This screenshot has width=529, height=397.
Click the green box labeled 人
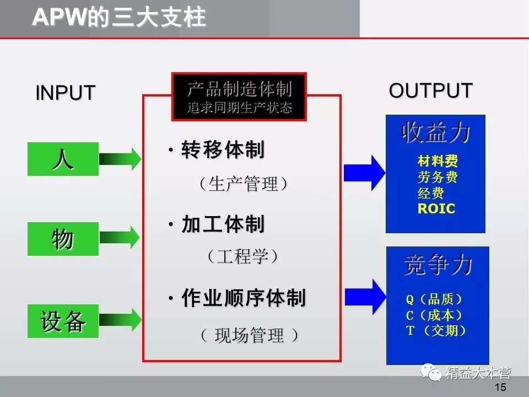[63, 159]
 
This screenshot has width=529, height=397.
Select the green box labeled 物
[63, 239]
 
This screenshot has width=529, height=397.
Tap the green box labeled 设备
[63, 321]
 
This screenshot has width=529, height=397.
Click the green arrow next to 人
[120, 159]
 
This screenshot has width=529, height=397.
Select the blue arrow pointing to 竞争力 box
[364, 297]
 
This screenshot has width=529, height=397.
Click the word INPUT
[66, 93]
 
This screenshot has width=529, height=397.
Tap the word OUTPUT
[430, 90]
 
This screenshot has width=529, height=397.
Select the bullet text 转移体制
[223, 150]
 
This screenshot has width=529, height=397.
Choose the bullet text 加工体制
[223, 224]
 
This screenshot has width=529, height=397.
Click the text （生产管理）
[243, 184]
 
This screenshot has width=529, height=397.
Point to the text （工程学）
[243, 256]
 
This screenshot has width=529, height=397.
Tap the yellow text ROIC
[436, 209]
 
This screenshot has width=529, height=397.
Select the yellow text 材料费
[438, 162]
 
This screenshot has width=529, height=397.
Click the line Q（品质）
[434, 299]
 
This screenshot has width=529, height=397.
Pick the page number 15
[500, 387]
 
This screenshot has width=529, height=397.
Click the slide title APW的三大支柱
[119, 18]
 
